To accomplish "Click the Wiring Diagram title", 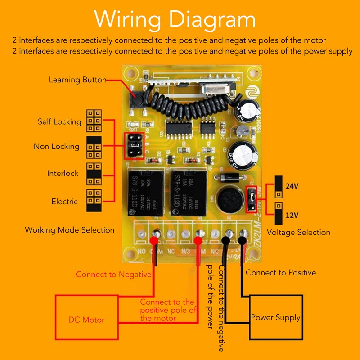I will [175, 20].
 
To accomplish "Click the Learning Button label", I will [77, 80].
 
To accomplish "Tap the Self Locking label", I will [59, 121].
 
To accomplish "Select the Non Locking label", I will [56, 146].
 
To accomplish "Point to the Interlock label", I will [63, 173].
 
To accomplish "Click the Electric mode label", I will [64, 202].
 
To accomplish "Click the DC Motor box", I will [86, 319].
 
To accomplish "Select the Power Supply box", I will [275, 317].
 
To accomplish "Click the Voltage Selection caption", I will [298, 232].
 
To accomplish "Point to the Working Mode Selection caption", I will [69, 230].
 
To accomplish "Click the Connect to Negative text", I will [113, 274].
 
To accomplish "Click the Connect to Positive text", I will [281, 272].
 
